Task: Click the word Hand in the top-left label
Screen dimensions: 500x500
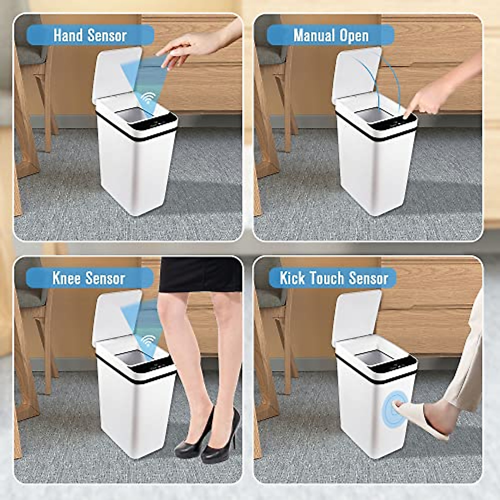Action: click(x=68, y=35)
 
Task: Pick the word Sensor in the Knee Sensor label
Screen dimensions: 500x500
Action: click(x=107, y=278)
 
